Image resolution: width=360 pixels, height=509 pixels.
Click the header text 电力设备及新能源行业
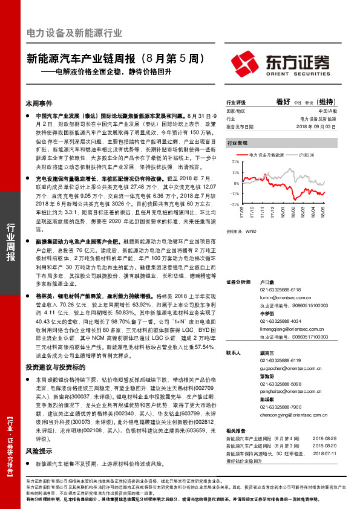74,33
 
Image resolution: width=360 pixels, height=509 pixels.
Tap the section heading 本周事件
39,104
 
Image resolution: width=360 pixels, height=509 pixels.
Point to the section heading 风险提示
39,451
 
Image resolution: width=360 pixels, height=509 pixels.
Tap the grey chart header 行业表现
237,144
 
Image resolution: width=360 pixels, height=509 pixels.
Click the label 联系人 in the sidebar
234,352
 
